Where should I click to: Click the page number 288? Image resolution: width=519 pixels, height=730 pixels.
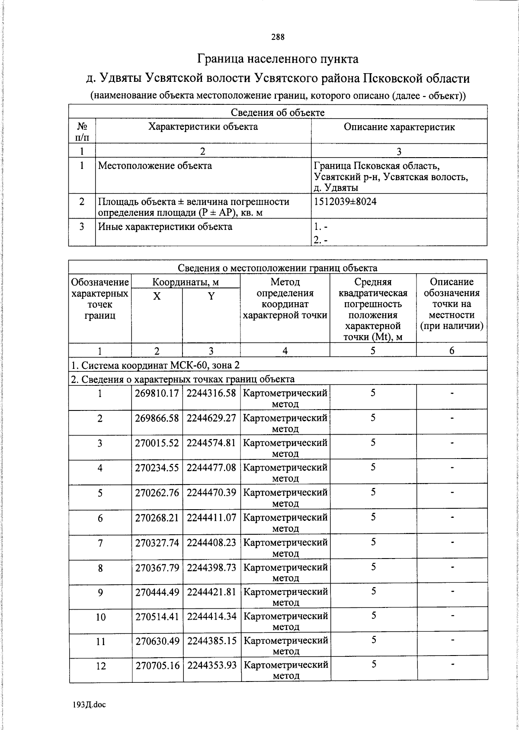point(278,37)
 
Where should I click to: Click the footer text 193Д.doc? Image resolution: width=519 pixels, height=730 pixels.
point(90,705)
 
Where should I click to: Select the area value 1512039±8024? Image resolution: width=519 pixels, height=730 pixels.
point(345,201)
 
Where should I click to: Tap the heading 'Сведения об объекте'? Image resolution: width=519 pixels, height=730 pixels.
point(278,113)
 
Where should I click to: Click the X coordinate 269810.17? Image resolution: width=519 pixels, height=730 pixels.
point(157,393)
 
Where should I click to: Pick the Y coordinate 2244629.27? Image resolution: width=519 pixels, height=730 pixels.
point(211,418)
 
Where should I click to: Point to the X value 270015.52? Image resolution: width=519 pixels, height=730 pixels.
point(157,443)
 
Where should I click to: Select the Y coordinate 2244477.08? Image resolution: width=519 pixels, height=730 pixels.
point(211,468)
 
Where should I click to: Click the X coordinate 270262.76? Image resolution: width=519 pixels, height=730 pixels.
point(157,493)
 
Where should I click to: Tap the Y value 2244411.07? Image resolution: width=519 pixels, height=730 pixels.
point(211,517)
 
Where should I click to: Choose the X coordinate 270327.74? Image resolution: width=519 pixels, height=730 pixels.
point(157,542)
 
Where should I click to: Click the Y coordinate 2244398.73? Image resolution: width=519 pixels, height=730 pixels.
point(211,567)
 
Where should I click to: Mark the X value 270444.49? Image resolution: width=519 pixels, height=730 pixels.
point(157,591)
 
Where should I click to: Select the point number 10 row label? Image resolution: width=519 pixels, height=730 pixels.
point(100,617)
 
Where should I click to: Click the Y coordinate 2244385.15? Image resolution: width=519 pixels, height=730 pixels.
point(211,640)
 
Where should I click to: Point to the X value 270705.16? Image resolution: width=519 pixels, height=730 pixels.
point(157,665)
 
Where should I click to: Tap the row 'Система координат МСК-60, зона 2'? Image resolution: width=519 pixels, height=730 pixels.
point(155,365)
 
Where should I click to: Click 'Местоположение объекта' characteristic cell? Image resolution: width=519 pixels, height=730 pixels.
point(155,165)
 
